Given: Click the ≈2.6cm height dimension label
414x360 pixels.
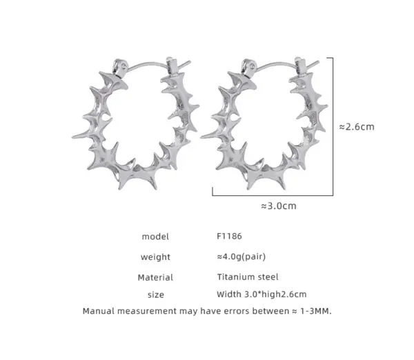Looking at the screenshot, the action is (x=357, y=127).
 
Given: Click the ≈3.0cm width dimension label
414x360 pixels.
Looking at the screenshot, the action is (x=279, y=206).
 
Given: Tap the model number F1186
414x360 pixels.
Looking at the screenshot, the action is (x=229, y=236).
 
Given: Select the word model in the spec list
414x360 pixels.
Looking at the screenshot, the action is (x=155, y=237).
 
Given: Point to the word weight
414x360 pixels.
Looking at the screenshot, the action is (x=155, y=257).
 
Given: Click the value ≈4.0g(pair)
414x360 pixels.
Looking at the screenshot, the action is (x=241, y=257).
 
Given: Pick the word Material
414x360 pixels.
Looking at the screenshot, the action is (x=155, y=277).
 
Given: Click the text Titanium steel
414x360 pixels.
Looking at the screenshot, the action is (x=248, y=277).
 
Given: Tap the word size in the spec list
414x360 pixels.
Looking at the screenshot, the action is (x=156, y=294).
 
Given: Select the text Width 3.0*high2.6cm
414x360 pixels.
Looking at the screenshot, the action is (x=262, y=294).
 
